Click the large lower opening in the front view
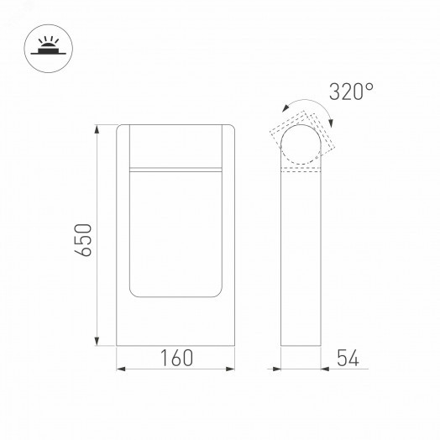click(175, 233)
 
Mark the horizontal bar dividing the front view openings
click(175, 169)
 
